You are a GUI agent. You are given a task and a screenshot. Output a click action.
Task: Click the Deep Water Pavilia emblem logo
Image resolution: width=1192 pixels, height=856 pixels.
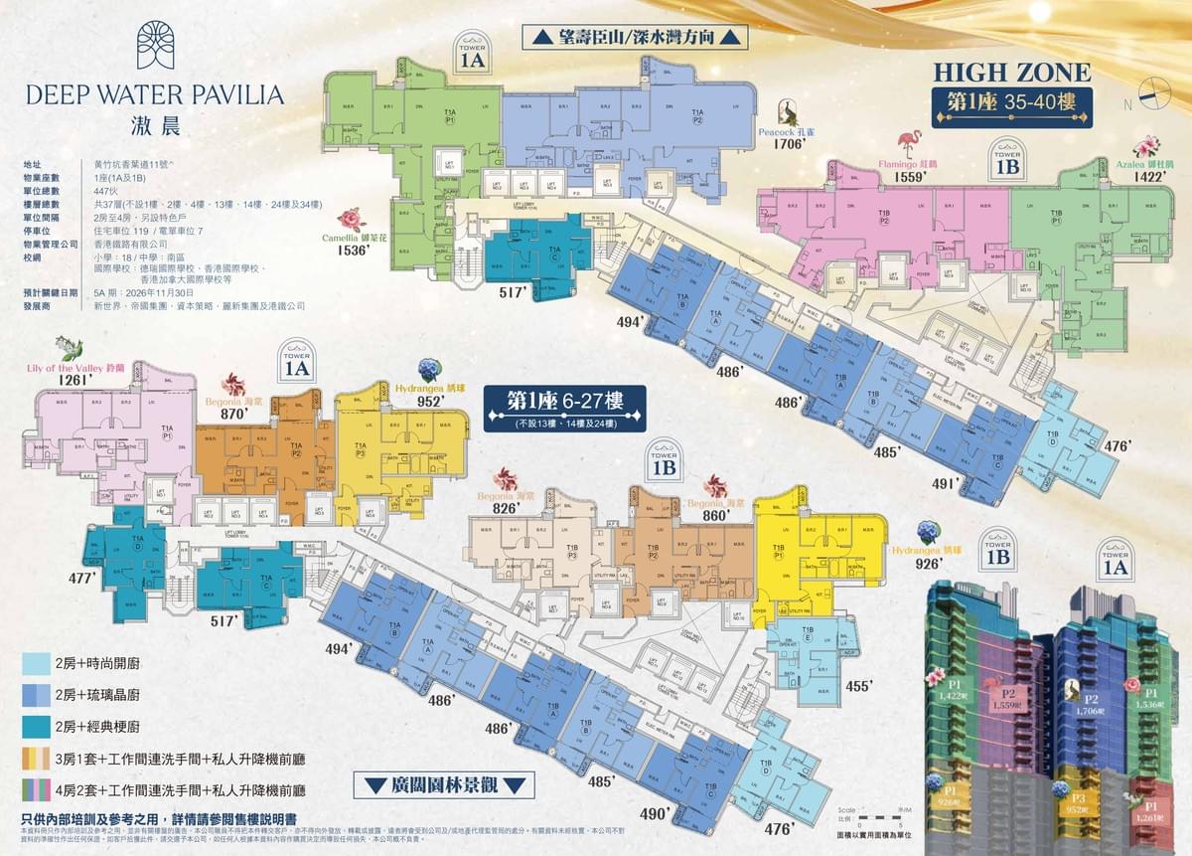(156, 45)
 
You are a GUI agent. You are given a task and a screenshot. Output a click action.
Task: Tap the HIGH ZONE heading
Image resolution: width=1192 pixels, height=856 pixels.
(1011, 72)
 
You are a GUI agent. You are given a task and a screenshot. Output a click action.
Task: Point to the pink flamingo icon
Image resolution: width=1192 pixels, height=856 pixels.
(906, 141)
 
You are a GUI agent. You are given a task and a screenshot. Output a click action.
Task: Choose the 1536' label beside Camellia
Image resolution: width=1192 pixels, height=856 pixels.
(352, 252)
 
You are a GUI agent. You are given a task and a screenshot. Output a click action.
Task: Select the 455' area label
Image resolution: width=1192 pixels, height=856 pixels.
(858, 686)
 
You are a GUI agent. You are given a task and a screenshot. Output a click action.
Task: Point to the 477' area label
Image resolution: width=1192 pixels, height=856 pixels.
(81, 578)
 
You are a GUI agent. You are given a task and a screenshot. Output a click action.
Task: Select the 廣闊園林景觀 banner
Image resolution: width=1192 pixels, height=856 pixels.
(445, 785)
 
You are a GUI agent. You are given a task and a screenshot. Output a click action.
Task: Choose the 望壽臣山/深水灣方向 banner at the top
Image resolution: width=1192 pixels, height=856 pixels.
(634, 38)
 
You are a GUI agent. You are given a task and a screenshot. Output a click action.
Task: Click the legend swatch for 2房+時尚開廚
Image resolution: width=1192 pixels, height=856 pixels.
(35, 663)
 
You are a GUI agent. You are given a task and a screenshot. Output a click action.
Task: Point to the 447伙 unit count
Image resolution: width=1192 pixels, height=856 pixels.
(105, 189)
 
